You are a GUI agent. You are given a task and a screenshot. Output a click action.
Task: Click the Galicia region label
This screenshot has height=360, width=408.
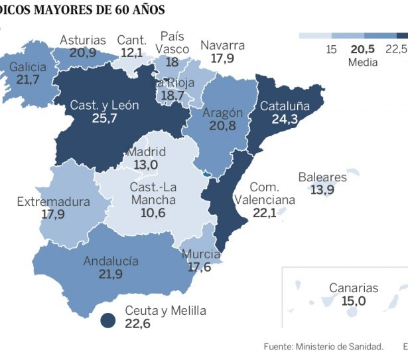pos(29,66)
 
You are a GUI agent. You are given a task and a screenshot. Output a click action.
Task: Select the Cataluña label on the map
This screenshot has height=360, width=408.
pos(285,106)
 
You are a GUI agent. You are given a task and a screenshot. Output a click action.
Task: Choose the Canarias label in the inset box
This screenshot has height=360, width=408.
pos(354,288)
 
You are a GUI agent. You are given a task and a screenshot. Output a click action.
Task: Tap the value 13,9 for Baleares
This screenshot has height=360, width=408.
pos(322,190)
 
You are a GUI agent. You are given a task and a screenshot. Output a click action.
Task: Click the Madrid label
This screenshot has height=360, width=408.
pos(147,152)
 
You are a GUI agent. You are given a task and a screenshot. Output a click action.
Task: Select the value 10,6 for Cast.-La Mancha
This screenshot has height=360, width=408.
pos(153,213)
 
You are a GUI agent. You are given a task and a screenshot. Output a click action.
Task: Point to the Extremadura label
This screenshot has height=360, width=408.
pos(53,201)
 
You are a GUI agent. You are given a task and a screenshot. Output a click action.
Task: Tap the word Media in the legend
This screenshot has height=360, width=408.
pos(362,62)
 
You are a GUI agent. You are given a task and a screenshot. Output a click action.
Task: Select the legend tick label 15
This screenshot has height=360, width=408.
pos(332,49)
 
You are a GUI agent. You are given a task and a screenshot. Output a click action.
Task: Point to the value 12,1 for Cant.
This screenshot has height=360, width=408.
pos(131,52)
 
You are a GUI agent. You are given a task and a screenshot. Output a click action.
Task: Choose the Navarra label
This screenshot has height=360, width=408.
pos(222,45)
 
